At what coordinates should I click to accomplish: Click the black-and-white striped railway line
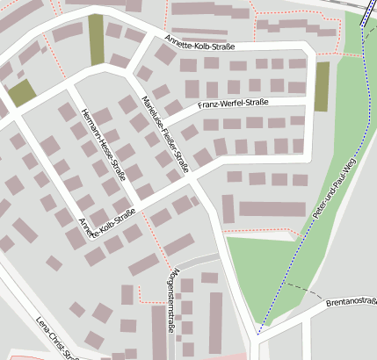(366, 12)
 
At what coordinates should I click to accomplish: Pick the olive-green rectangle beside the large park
(322, 86)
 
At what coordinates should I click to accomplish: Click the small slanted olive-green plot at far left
(22, 92)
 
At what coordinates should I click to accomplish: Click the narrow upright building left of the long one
(228, 209)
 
